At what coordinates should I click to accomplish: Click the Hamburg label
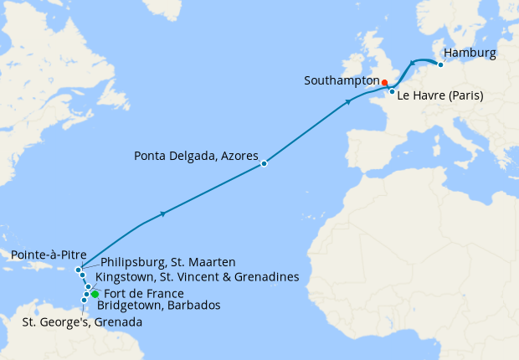[x=470, y=54]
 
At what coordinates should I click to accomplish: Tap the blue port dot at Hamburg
[x=440, y=64]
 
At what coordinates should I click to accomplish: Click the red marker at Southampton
[x=384, y=82]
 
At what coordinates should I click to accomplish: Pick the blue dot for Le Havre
[x=392, y=91]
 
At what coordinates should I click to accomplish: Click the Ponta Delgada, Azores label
[x=197, y=156]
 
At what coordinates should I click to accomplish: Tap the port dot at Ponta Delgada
[x=264, y=163]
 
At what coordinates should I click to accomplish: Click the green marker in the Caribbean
[x=95, y=294]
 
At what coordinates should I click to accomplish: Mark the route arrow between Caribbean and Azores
[x=162, y=214]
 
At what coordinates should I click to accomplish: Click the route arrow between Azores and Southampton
[x=348, y=102]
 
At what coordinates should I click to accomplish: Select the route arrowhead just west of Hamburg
[x=413, y=62]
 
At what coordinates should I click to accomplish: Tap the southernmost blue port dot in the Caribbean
[x=84, y=300]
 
